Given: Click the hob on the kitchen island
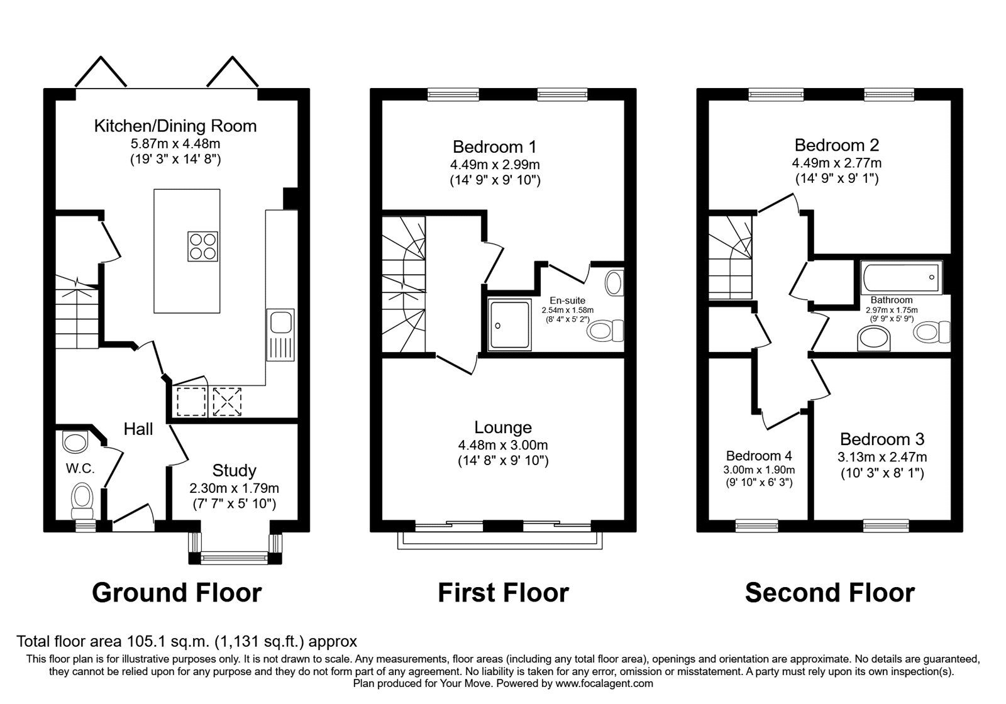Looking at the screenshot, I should (x=203, y=246).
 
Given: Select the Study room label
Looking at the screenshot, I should (x=234, y=470).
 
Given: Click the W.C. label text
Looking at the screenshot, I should (x=80, y=468).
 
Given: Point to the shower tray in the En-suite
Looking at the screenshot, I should (x=509, y=324).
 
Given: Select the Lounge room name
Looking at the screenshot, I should (x=503, y=427).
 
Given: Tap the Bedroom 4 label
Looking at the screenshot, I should (x=759, y=456).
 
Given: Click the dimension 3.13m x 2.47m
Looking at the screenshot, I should (x=882, y=457).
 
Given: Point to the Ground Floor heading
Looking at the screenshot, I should (x=177, y=593).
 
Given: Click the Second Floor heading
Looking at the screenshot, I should (x=830, y=593).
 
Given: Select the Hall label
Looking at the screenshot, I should (x=138, y=429).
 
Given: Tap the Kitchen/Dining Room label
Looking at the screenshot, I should (x=175, y=126).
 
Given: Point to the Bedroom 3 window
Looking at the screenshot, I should (x=886, y=524).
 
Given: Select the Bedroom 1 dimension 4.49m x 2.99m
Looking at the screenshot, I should (x=495, y=165).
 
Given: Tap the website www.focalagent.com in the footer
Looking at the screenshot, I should (x=604, y=683).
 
